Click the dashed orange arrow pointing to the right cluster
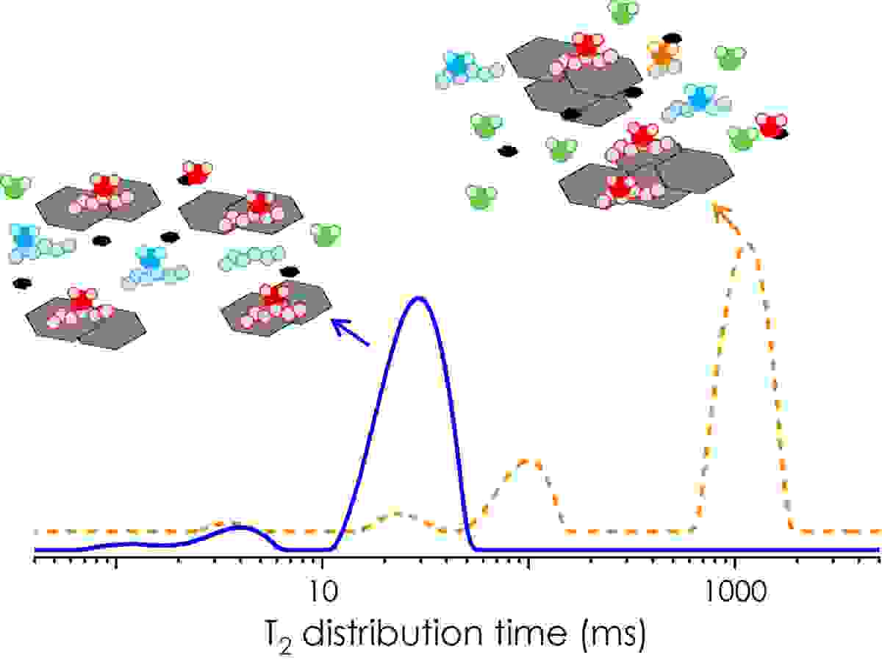[728, 218]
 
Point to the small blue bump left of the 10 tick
[237, 527]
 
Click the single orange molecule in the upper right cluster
[663, 53]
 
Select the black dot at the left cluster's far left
[22, 283]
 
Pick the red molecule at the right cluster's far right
[771, 125]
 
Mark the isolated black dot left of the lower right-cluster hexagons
[506, 151]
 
